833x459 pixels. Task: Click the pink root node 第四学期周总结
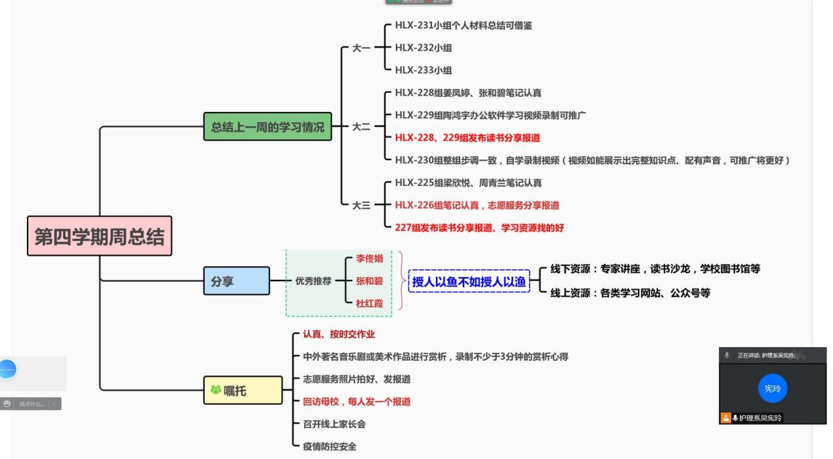[100, 236]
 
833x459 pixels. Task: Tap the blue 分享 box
[236, 281]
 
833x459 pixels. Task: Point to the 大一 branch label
[361, 48]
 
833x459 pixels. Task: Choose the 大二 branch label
[361, 126]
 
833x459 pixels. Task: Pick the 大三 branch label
[361, 205]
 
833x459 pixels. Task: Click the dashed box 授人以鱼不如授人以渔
[469, 281]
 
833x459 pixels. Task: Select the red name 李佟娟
[369, 259]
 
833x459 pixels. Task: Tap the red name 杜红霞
[369, 304]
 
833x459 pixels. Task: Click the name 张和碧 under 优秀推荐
[369, 281]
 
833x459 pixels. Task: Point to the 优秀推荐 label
[313, 281]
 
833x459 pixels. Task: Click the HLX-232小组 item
[423, 48]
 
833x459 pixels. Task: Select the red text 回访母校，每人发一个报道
[356, 401]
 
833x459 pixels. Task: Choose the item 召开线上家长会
[334, 423]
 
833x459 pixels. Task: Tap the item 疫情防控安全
[329, 446]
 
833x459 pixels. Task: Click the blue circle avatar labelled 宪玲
[772, 389]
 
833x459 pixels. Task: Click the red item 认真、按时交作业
[338, 335]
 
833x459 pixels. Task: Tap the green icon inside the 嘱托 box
[215, 391]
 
